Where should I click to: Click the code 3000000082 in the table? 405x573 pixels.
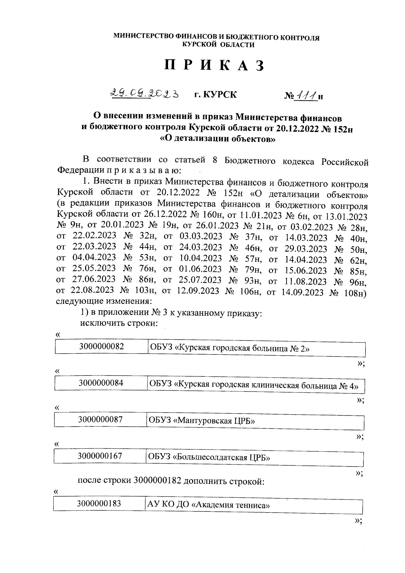(102, 346)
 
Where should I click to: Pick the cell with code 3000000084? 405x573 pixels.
(101, 383)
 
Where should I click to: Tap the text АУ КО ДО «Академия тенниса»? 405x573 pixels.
(208, 505)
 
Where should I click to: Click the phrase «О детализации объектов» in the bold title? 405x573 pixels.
(217, 138)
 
